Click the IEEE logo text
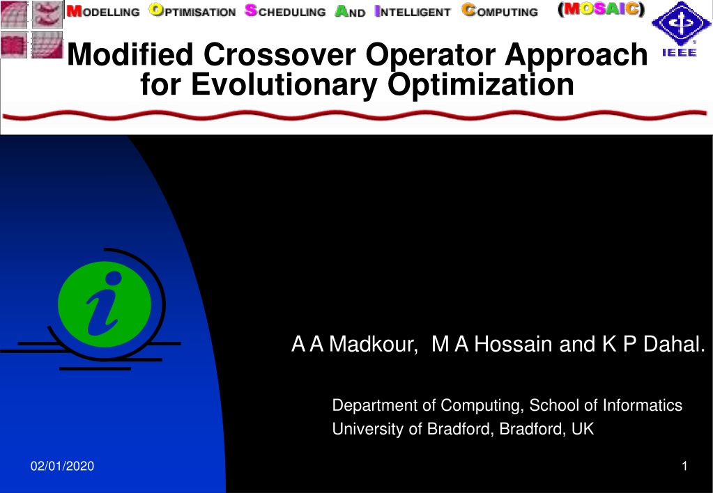point(680,52)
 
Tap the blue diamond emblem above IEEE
point(680,23)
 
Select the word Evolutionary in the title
point(284,84)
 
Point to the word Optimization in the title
point(481,84)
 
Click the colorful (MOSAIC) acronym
point(601,9)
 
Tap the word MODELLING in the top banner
point(103,11)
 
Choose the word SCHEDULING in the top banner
point(285,11)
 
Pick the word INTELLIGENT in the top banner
point(413,11)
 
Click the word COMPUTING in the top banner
point(500,11)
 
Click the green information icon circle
point(105,304)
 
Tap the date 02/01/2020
point(62,467)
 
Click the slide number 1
point(684,467)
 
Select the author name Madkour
point(373,344)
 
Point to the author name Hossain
point(513,344)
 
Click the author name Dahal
point(674,344)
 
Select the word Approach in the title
point(576,54)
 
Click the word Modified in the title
point(130,54)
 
